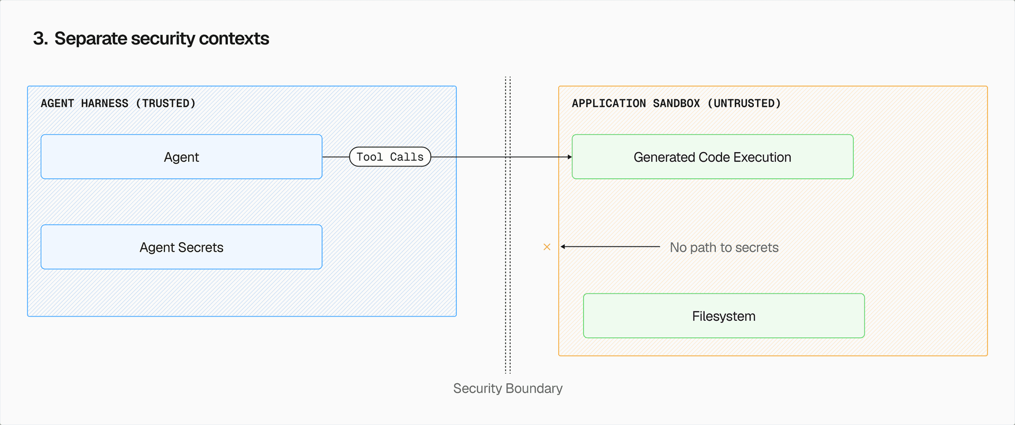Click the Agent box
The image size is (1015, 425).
[x=181, y=157]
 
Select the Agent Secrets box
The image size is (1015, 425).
[x=181, y=247]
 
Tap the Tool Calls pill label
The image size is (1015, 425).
[x=390, y=157]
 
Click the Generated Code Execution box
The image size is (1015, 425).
[x=712, y=157]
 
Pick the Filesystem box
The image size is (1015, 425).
[x=724, y=316]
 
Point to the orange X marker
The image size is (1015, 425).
[x=547, y=247]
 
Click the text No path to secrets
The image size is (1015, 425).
[x=724, y=247]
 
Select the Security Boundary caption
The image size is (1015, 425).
[x=508, y=389]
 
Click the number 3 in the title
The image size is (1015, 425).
[x=39, y=39]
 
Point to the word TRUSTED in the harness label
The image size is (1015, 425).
[x=165, y=104]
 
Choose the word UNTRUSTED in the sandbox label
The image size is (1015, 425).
[x=744, y=104]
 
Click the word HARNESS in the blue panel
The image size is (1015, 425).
[x=105, y=104]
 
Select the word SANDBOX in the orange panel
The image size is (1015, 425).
[x=676, y=104]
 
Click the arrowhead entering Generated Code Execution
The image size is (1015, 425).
[x=569, y=157]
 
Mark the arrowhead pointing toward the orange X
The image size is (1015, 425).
[x=563, y=247]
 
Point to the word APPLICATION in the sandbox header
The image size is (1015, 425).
[x=608, y=104]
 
